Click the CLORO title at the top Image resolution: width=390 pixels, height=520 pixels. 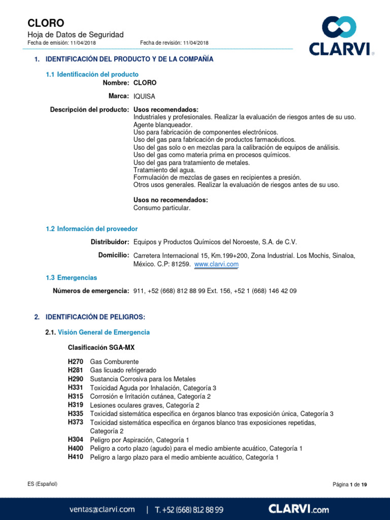(x=46, y=23)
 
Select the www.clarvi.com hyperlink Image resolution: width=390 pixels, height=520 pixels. (x=216, y=265)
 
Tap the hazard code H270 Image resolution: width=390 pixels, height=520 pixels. (x=75, y=361)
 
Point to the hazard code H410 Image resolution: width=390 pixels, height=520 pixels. (x=75, y=458)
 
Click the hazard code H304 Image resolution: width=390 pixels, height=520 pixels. (x=75, y=440)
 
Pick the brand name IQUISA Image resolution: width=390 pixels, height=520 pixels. (x=144, y=96)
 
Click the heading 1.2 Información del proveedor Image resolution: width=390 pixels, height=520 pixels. (x=91, y=229)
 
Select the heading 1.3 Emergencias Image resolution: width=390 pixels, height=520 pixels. (x=71, y=278)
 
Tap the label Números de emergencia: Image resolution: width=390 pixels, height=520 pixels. (x=91, y=291)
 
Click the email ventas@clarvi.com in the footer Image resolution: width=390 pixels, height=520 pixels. (x=102, y=509)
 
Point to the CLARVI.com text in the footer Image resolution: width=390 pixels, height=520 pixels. (x=299, y=509)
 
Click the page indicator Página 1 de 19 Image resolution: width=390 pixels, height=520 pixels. (x=349, y=485)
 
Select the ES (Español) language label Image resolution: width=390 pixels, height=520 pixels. (x=43, y=484)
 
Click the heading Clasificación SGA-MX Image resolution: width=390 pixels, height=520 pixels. (x=101, y=348)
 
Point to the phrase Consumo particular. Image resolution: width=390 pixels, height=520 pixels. (x=161, y=208)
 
